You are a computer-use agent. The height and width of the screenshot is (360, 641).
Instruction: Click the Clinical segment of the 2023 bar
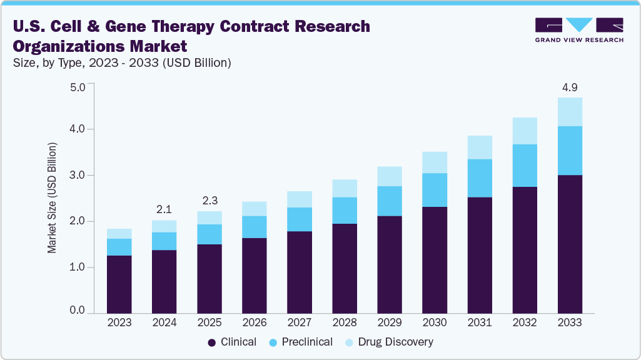click(119, 284)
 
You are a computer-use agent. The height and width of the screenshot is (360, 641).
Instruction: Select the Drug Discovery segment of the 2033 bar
click(570, 112)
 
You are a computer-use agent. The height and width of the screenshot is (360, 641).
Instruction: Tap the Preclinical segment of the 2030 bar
click(435, 190)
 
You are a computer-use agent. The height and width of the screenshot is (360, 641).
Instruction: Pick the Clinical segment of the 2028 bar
click(345, 268)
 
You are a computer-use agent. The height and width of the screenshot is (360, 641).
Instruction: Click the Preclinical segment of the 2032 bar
click(525, 166)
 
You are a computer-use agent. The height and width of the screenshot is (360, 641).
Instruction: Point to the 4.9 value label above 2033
click(570, 87)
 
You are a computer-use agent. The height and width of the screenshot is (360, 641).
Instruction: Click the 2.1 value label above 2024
click(164, 209)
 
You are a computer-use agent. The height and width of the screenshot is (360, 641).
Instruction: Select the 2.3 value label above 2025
click(209, 201)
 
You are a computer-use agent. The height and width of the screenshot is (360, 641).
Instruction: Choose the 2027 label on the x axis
click(300, 323)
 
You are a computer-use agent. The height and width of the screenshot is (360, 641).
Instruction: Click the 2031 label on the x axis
click(480, 323)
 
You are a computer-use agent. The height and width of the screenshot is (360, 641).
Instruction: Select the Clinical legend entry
click(232, 342)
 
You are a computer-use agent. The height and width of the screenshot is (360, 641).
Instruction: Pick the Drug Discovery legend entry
click(388, 342)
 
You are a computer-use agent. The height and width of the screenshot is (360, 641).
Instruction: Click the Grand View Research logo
click(579, 29)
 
